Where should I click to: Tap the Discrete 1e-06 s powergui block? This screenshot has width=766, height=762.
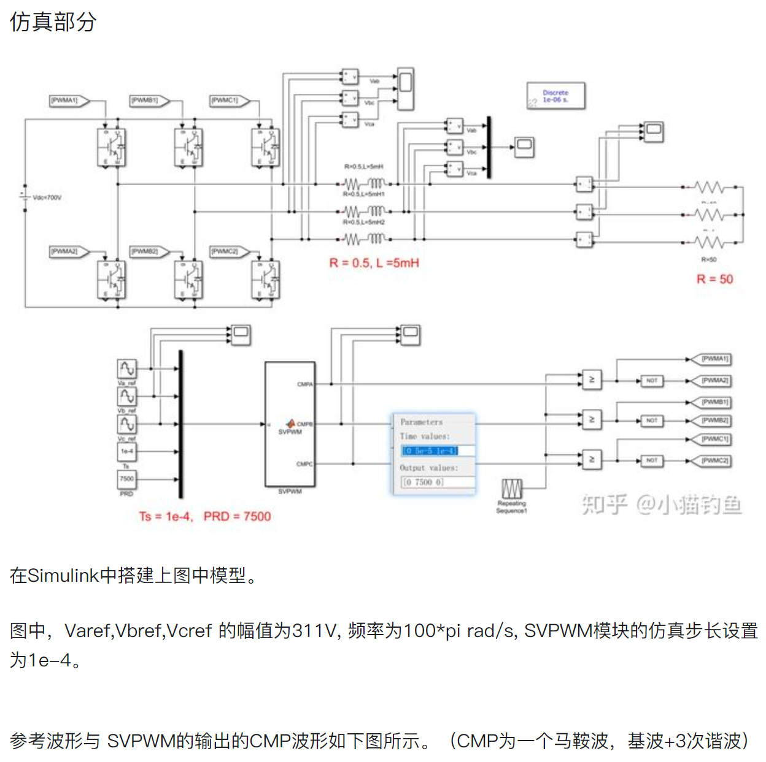click(x=555, y=96)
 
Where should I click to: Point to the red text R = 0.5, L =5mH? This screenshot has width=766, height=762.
click(x=374, y=263)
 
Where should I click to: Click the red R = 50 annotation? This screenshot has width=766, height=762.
click(x=714, y=280)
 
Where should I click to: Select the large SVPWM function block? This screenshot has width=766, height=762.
click(x=290, y=424)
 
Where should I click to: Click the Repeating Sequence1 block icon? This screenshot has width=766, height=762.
click(x=512, y=489)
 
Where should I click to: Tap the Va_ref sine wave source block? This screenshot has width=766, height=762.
click(x=126, y=368)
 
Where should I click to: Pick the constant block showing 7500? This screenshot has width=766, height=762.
click(x=126, y=479)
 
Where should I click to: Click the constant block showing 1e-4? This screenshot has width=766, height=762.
click(x=126, y=451)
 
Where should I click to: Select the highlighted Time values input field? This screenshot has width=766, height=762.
click(x=430, y=451)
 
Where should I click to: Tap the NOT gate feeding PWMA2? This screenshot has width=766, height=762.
click(x=651, y=381)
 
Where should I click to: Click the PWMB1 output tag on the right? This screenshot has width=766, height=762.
click(x=715, y=402)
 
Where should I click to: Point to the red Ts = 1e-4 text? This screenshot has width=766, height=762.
click(x=165, y=516)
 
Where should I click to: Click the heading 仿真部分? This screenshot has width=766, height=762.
click(x=53, y=22)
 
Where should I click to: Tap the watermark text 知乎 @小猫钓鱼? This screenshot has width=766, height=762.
click(x=662, y=505)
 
